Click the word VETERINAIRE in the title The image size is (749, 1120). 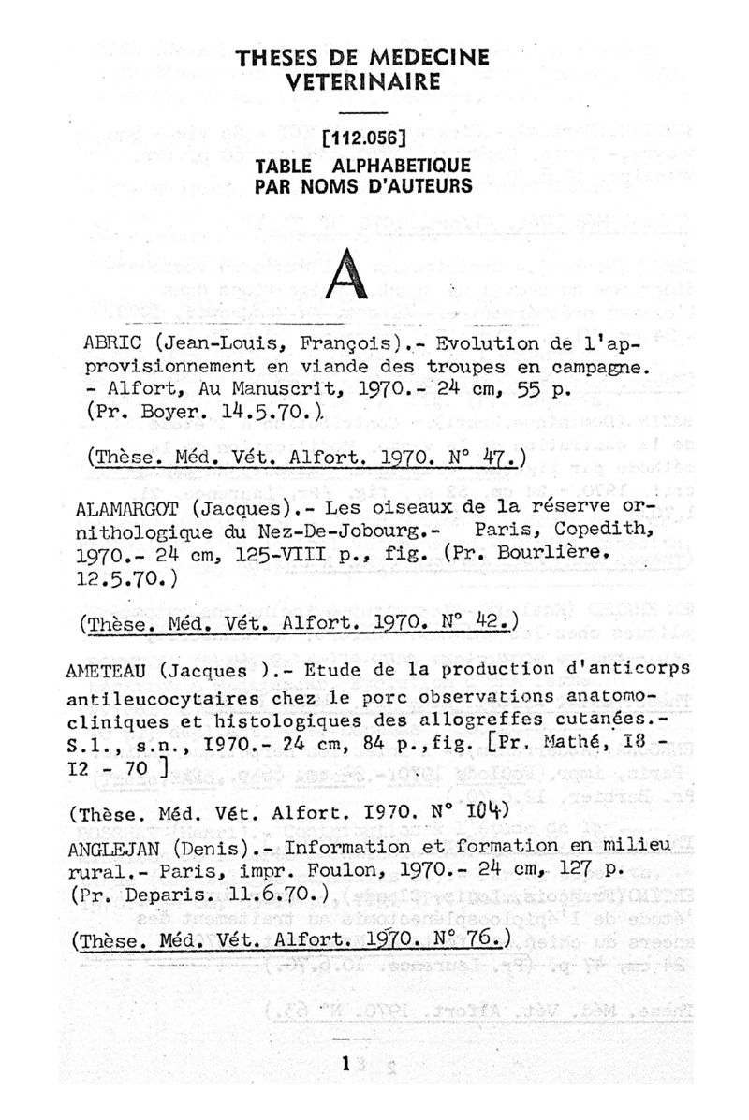click(362, 82)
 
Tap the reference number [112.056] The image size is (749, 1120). click(362, 140)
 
